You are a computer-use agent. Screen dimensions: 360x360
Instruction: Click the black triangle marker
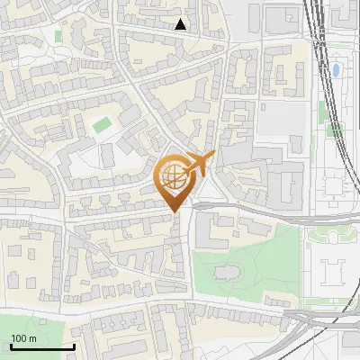tap(181, 24)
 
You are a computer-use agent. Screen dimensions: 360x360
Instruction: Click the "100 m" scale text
tap(22, 338)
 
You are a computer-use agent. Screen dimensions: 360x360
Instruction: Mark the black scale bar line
tap(41, 346)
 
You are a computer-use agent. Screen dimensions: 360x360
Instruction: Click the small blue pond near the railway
tap(336, 69)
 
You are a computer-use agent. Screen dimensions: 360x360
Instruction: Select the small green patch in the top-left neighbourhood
tap(59, 36)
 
